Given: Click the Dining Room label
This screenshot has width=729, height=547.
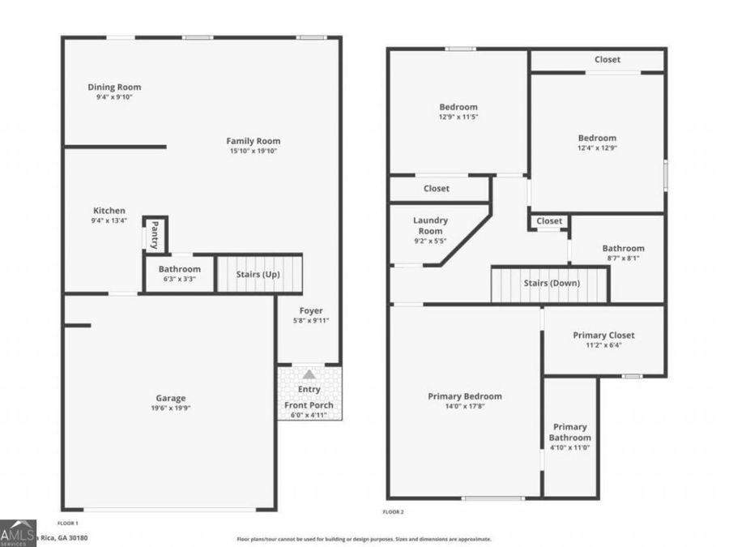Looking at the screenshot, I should pyautogui.click(x=114, y=88).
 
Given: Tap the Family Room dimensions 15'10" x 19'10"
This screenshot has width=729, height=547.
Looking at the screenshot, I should pyautogui.click(x=253, y=151).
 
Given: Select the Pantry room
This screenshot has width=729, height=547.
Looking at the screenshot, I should pyautogui.click(x=155, y=235).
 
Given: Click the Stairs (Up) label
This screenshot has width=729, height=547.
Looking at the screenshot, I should pyautogui.click(x=258, y=274).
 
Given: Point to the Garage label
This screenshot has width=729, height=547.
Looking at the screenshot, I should pyautogui.click(x=170, y=398).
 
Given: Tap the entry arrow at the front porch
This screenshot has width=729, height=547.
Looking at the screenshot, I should pyautogui.click(x=309, y=374).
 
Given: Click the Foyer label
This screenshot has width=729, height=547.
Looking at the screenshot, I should pyautogui.click(x=310, y=310).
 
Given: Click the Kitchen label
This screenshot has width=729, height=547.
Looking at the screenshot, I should pyautogui.click(x=109, y=211).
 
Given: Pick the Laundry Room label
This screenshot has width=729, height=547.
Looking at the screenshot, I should pyautogui.click(x=430, y=225).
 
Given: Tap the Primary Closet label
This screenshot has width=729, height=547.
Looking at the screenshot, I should pyautogui.click(x=603, y=335).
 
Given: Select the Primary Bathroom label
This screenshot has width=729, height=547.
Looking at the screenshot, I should pyautogui.click(x=570, y=432).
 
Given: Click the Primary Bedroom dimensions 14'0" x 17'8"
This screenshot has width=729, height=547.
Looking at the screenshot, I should pyautogui.click(x=464, y=408).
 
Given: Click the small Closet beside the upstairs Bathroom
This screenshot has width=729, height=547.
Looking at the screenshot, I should pyautogui.click(x=548, y=220).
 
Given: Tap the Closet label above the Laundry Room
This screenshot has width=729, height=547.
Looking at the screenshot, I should pyautogui.click(x=436, y=189).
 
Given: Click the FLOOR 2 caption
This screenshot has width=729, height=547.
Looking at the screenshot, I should pyautogui.click(x=393, y=512).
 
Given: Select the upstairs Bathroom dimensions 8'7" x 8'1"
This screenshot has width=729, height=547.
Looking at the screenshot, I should pyautogui.click(x=623, y=259).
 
